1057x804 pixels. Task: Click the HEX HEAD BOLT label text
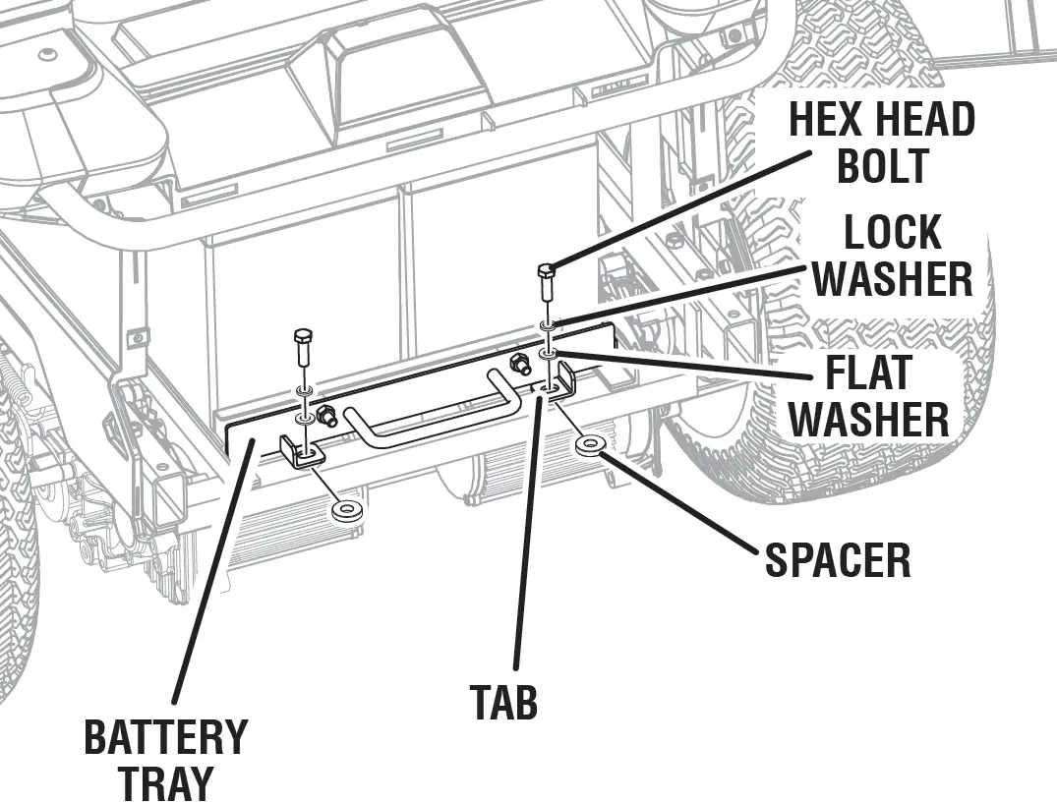coord(881,144)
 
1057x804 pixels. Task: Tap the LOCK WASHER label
coord(892,257)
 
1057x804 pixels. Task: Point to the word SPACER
coord(838,560)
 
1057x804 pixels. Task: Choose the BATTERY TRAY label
coord(164,759)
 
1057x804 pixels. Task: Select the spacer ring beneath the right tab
coord(591,445)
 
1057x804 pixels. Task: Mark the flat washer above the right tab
coord(549,352)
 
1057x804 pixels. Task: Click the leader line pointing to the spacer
coord(688,504)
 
